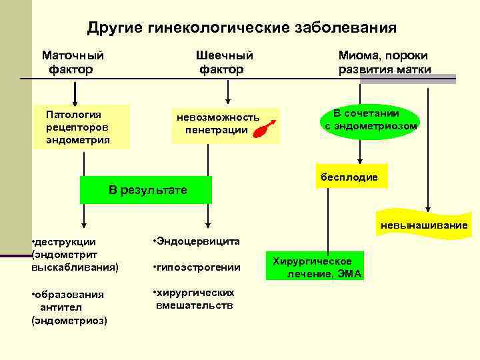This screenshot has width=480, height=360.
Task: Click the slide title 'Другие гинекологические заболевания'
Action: (241, 28)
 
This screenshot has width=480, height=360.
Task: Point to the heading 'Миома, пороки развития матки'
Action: (384, 62)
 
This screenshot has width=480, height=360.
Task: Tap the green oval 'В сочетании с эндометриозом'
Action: (371, 119)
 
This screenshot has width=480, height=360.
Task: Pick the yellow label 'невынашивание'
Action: (424, 225)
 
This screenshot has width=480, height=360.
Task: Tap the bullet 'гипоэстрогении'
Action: (196, 267)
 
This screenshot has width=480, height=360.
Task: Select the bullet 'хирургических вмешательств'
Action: (194, 299)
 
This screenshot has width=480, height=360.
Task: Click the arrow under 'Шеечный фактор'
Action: (229, 91)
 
